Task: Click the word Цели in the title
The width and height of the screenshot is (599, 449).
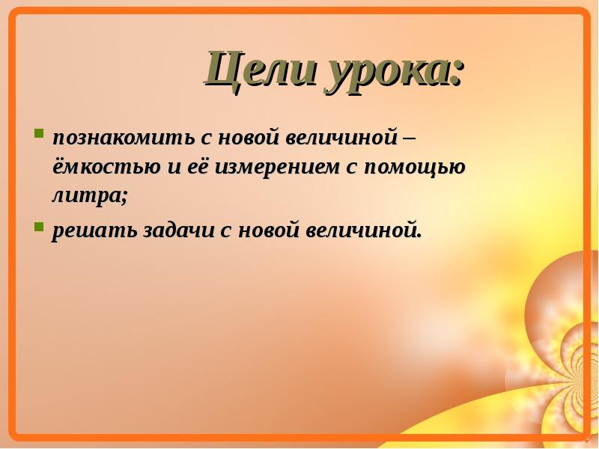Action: pos(261,70)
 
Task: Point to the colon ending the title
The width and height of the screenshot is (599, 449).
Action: pos(455,73)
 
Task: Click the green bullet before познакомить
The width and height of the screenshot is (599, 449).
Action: pos(39,133)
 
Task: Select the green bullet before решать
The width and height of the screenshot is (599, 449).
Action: pos(39,227)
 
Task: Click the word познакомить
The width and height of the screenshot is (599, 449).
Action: pos(124,138)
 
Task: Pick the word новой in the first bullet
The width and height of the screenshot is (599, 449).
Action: pos(242,137)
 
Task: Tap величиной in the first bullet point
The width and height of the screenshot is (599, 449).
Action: pos(341,137)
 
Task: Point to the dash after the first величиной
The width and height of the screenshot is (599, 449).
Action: pos(408,138)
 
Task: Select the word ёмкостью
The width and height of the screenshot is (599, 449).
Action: pos(106,166)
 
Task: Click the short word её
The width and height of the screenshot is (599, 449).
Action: pos(198,166)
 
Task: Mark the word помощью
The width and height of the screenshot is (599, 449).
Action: pos(415,168)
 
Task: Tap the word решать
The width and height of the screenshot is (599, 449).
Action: pos(94,231)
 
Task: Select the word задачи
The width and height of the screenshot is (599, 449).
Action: pos(179,230)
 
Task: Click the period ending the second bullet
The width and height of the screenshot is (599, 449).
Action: pos(419,236)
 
